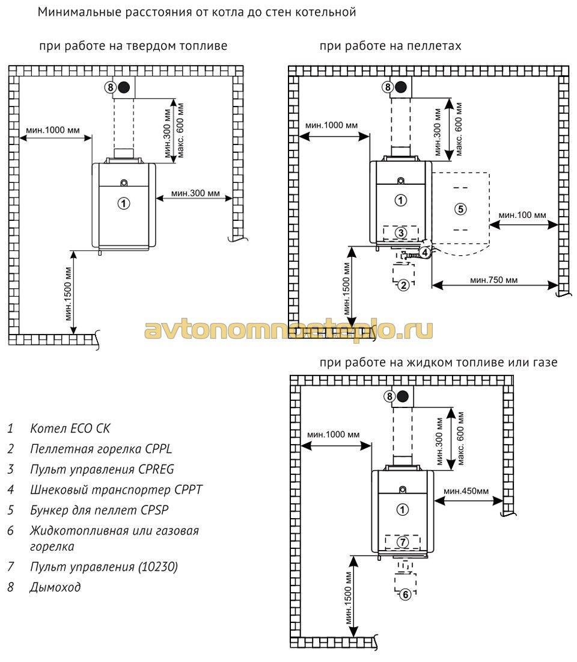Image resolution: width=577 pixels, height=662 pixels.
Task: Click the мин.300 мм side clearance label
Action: click(195, 193)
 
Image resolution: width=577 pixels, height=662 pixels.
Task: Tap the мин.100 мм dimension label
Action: click(522, 215)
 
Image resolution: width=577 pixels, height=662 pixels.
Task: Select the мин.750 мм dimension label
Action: click(493, 280)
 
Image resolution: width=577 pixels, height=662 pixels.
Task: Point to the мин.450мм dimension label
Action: click(466, 491)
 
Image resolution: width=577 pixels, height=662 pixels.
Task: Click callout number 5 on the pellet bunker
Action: click(460, 209)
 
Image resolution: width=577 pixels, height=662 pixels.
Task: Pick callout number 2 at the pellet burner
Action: click(404, 285)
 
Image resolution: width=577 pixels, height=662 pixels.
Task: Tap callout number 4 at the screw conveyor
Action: click(425, 253)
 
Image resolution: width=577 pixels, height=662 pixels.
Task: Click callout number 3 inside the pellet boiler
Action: click(401, 233)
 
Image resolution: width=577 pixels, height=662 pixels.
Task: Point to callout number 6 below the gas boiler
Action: click(405, 595)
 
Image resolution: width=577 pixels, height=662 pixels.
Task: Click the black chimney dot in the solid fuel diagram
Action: click(124, 87)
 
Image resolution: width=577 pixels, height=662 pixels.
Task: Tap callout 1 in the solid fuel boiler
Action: click(123, 203)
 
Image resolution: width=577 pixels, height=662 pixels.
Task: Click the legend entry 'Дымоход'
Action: click(55, 587)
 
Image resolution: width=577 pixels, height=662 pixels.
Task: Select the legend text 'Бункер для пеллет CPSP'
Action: click(99, 510)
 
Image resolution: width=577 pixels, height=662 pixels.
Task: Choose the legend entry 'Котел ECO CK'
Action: click(70, 428)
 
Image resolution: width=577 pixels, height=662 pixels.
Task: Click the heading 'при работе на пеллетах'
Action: click(390, 46)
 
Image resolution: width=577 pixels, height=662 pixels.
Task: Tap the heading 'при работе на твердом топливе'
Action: click(133, 46)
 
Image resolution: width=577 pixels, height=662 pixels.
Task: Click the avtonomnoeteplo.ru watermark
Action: click(288, 330)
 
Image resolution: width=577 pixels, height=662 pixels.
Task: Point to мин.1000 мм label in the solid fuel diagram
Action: click(53, 130)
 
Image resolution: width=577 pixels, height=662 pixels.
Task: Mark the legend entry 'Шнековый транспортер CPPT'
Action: click(117, 490)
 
